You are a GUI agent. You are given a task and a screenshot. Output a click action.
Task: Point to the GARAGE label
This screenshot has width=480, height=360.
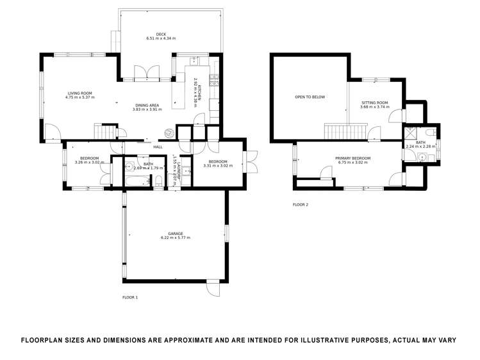click(x=176, y=233)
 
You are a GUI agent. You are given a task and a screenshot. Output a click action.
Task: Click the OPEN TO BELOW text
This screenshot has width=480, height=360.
click(x=310, y=97)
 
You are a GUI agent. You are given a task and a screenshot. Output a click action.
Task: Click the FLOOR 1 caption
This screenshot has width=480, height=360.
click(x=130, y=297)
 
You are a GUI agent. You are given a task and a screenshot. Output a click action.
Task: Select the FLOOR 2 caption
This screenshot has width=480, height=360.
click(x=301, y=205)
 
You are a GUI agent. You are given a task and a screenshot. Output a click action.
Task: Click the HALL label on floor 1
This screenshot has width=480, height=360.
click(x=158, y=147)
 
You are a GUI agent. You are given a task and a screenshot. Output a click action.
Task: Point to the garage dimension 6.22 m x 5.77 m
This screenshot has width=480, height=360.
click(x=176, y=238)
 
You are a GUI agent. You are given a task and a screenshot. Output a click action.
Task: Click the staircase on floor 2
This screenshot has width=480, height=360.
click(x=336, y=132)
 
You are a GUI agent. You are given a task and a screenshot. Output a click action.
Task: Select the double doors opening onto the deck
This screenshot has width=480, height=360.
click(x=147, y=72)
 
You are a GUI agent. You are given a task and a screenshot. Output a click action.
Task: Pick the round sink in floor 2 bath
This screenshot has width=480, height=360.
click(x=424, y=157)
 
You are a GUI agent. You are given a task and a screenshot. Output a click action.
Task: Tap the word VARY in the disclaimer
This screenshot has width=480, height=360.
click(x=443, y=340)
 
